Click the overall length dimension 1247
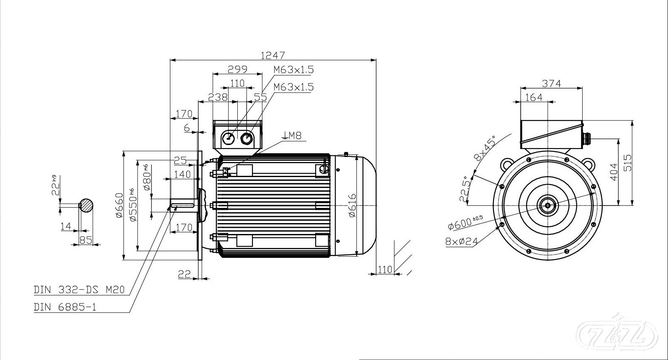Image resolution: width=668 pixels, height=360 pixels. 272,55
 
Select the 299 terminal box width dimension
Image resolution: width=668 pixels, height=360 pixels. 237,69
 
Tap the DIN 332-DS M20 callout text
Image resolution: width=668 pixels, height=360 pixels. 79,290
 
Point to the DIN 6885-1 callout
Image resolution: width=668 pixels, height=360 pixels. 65,307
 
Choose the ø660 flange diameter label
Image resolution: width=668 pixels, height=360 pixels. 119,205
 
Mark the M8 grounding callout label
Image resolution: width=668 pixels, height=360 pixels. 292,135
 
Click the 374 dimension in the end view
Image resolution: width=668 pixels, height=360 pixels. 551,83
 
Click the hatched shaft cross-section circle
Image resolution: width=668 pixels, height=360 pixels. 87,205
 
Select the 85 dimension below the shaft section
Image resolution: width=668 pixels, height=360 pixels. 85,240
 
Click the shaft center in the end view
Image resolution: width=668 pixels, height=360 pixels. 547,205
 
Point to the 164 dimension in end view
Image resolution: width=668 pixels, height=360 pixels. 534,97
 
